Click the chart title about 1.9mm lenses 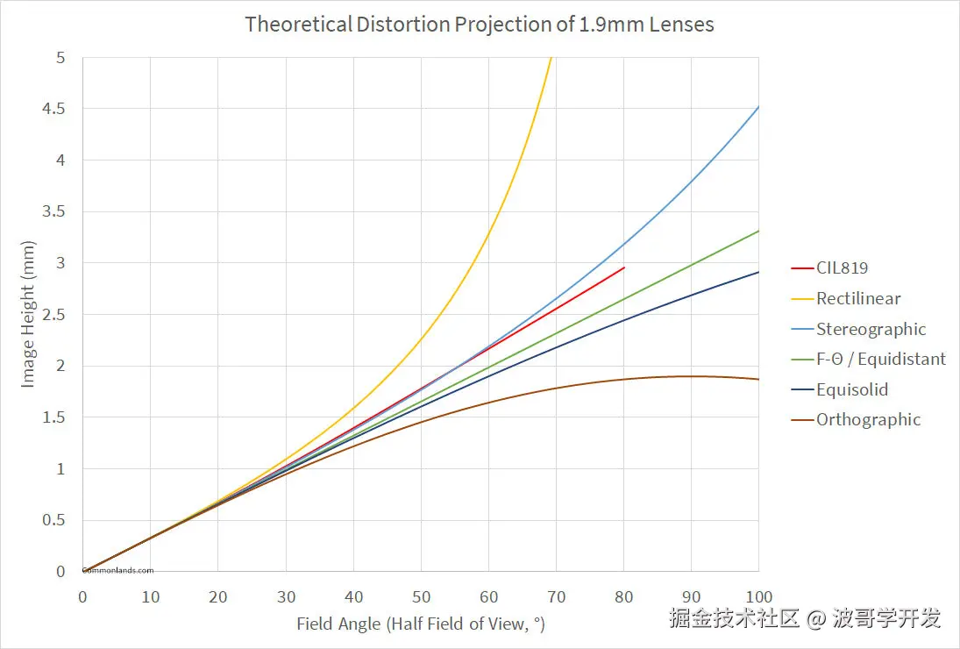coord(480,24)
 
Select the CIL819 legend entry coord(842,267)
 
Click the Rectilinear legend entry coord(857,298)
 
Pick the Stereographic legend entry coord(871,329)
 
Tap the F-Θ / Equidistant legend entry coord(880,359)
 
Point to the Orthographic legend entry coord(868,419)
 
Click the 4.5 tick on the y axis coord(55,109)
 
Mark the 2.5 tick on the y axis coord(55,315)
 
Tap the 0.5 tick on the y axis coord(55,520)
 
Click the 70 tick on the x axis coord(556,597)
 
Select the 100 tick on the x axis coord(758,597)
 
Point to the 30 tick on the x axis coord(286,597)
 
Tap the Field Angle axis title coord(421,624)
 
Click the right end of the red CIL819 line coord(623,267)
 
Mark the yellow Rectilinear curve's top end coord(551,59)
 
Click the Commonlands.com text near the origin coord(117,570)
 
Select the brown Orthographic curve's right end coord(757,379)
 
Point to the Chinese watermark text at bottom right coord(805,618)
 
